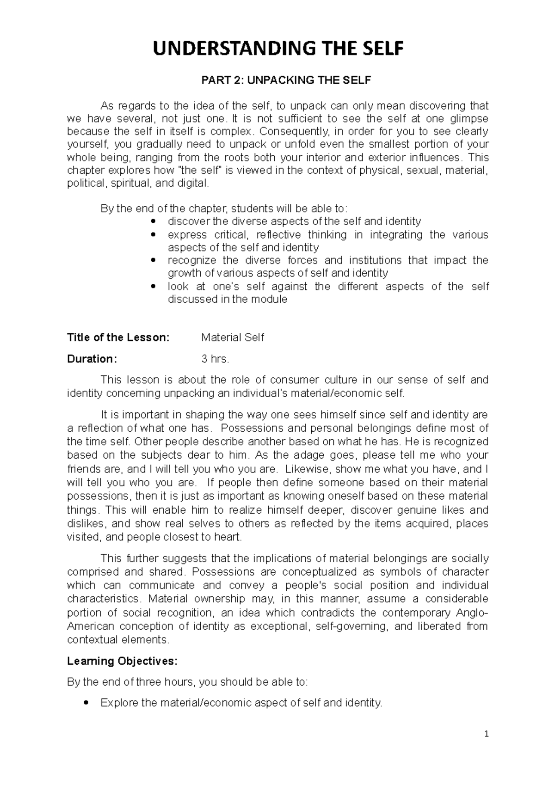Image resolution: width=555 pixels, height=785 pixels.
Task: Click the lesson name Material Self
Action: (233, 337)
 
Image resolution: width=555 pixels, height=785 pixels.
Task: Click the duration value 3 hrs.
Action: (215, 359)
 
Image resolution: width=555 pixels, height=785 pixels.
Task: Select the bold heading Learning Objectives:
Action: (122, 661)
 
